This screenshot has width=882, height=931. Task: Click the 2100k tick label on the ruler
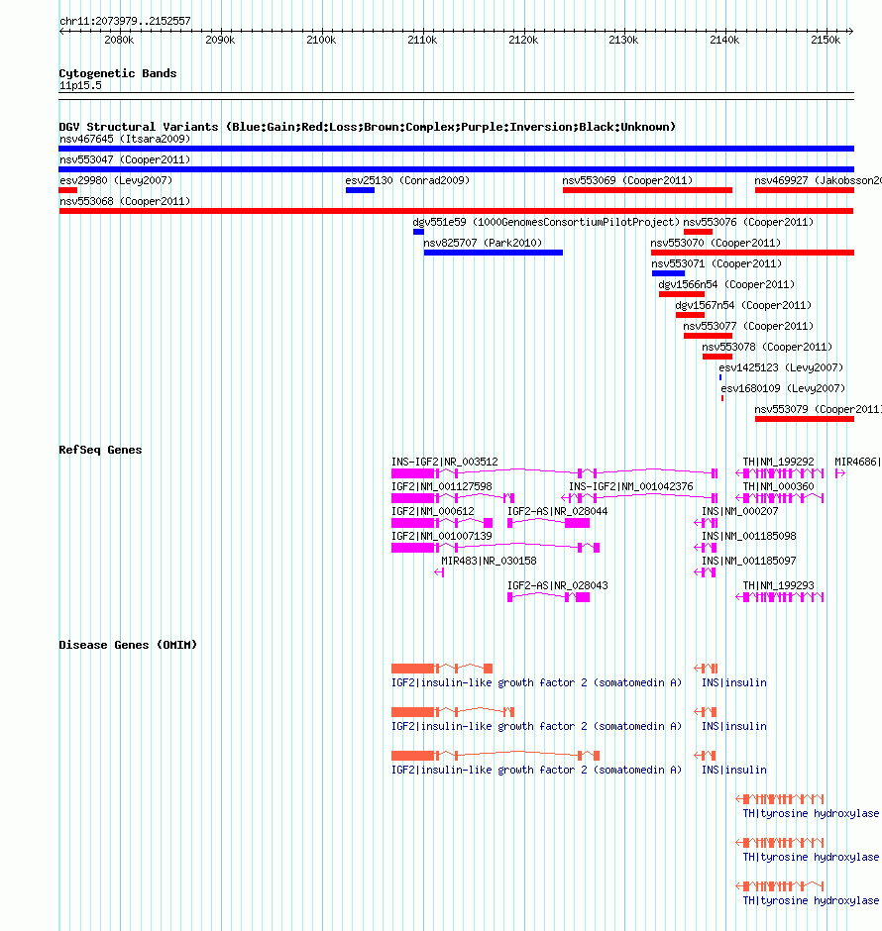tap(321, 40)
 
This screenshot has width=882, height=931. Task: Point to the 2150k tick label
tap(826, 40)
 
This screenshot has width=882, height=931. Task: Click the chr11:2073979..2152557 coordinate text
tap(125, 21)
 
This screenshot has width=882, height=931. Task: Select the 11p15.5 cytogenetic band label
tap(80, 85)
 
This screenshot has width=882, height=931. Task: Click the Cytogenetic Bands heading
tap(118, 73)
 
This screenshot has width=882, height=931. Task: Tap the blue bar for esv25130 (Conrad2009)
tap(360, 190)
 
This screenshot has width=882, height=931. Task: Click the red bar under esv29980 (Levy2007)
tap(68, 190)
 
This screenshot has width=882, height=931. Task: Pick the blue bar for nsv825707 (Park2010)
tap(493, 253)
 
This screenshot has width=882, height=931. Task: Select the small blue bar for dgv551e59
tap(419, 232)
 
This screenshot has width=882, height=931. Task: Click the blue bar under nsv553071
tap(668, 273)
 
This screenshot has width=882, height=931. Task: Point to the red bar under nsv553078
tap(717, 357)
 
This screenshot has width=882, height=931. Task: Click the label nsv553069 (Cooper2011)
tap(627, 180)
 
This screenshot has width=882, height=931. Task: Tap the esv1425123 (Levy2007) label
tap(781, 367)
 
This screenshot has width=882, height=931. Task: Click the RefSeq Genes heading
tap(100, 450)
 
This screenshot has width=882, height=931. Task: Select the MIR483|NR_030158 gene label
tap(489, 561)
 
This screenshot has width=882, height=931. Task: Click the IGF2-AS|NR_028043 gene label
tap(558, 585)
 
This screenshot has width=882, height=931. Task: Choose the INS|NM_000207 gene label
tap(740, 511)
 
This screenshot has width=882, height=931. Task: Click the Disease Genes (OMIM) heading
tap(128, 645)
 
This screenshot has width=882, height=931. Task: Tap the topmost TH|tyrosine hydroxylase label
tap(811, 813)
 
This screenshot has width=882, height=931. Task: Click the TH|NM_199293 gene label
tap(779, 585)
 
